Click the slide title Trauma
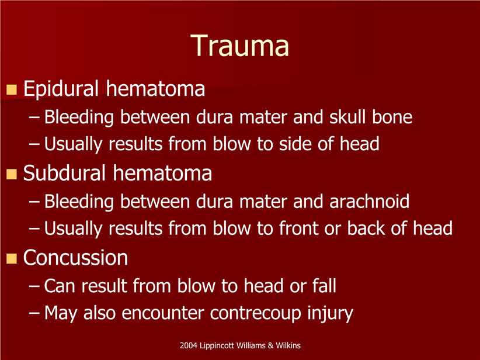239,46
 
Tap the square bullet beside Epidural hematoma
12,89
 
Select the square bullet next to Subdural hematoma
12,174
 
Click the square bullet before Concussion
12,258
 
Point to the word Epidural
61,89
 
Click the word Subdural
64,173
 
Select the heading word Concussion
75,258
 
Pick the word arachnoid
369,201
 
